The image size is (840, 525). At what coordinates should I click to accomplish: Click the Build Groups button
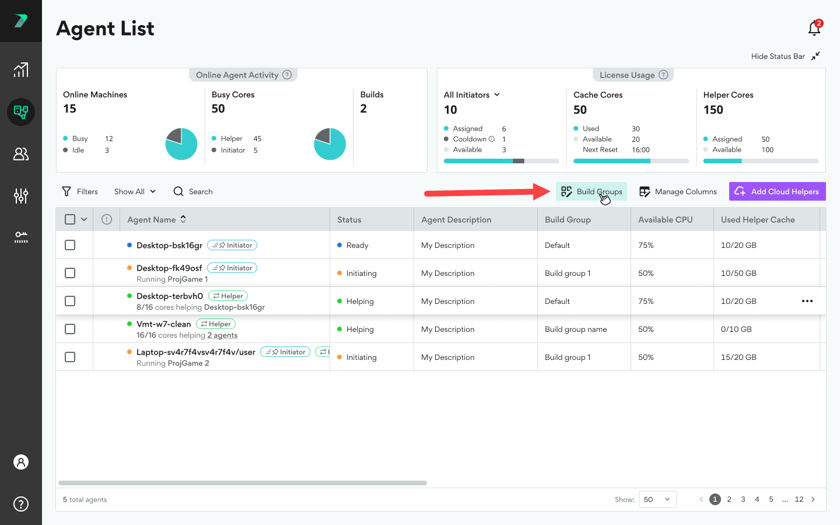click(591, 191)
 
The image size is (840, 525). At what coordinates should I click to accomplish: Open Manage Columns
click(678, 191)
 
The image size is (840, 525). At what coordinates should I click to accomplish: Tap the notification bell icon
click(814, 28)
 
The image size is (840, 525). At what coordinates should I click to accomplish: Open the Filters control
click(80, 191)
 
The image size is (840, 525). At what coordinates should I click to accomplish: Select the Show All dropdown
click(135, 191)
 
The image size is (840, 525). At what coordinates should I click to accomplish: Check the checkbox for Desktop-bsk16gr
click(70, 245)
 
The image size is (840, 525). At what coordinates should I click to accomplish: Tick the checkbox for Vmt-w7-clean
click(70, 329)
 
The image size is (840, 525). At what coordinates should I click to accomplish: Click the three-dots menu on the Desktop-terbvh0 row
click(807, 301)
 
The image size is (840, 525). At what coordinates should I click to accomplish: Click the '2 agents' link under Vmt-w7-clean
click(222, 335)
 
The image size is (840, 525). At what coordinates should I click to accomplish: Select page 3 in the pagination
click(743, 499)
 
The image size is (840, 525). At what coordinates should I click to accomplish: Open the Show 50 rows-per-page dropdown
click(657, 499)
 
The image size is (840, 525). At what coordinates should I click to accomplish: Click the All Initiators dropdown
click(472, 94)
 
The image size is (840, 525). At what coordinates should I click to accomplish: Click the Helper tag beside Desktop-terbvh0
click(228, 296)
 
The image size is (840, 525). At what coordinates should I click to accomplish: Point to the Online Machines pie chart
click(181, 144)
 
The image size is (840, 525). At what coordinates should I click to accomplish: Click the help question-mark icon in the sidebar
click(21, 503)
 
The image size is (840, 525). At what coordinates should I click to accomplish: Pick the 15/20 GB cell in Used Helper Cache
click(738, 357)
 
